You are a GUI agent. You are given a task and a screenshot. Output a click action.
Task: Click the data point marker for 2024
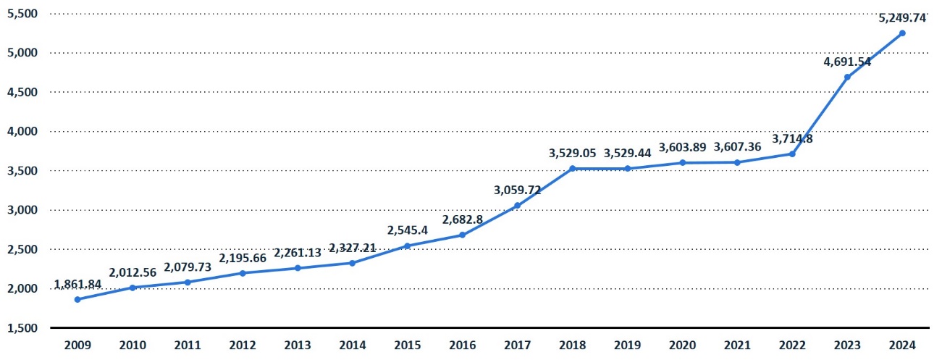tap(901, 33)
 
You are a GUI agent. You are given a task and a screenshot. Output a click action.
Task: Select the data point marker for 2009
tap(77, 299)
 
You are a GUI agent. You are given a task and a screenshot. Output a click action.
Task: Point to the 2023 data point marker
tap(847, 77)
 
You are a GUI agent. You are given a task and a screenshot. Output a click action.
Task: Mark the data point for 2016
tap(462, 235)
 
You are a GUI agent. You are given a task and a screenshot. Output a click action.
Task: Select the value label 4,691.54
tap(847, 62)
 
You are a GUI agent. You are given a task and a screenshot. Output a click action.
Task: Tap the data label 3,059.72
tap(517, 190)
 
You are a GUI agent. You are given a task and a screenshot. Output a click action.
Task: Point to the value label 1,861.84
tap(77, 284)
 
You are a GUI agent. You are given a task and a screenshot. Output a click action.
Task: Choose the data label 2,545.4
tap(407, 231)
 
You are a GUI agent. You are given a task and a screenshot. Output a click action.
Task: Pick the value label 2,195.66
tap(243, 257)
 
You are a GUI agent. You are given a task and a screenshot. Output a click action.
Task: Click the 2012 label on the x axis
tap(243, 346)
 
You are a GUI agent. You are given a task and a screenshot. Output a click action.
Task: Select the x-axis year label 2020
tap(682, 346)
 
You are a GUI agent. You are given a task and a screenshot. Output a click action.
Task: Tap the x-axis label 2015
tap(407, 346)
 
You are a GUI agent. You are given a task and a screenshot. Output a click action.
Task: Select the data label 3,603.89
tap(682, 147)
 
